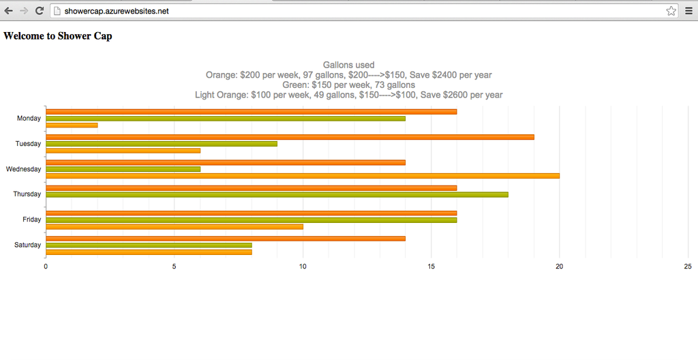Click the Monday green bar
225,119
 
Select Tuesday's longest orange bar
290,137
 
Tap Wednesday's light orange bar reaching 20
302,176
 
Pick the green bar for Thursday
277,194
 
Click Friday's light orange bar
174,226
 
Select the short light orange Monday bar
72,125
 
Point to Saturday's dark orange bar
225,239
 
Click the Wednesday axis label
23,169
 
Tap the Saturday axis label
27,245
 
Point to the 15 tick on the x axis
431,267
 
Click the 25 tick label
688,267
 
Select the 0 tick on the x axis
46,267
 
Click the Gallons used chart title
348,65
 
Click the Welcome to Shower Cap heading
58,36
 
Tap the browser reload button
40,11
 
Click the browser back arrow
9,11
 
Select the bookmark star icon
671,11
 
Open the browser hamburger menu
688,11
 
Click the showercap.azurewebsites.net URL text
117,11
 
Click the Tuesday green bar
161,144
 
